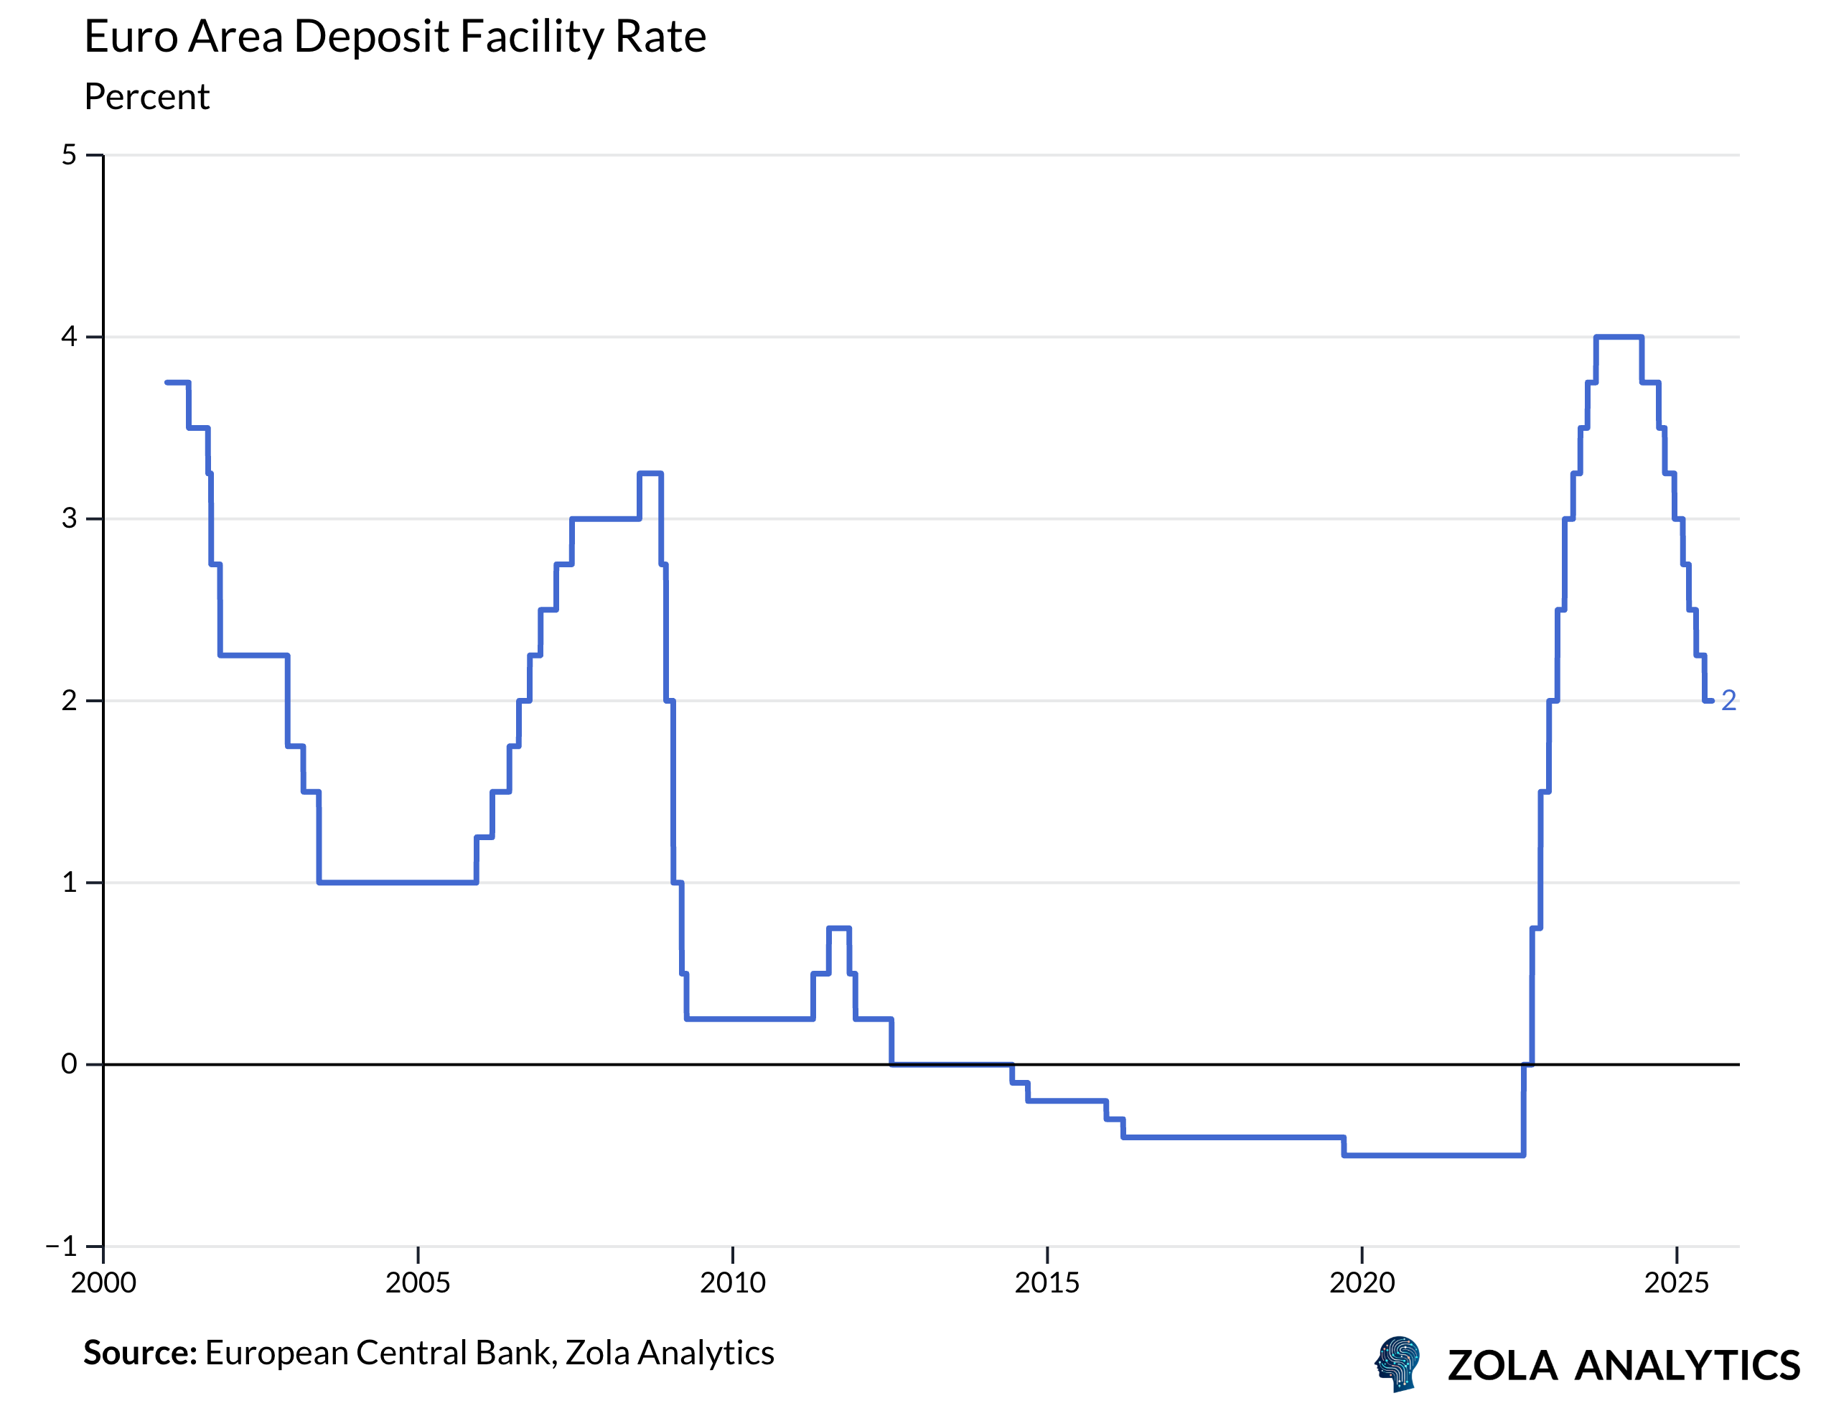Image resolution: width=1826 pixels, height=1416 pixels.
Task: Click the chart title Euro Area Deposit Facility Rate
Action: pyautogui.click(x=395, y=37)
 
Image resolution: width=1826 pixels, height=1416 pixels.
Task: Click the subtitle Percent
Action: pyautogui.click(x=146, y=97)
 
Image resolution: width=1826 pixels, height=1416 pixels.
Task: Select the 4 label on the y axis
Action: pyautogui.click(x=70, y=337)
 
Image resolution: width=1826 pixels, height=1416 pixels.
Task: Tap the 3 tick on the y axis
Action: pyautogui.click(x=70, y=518)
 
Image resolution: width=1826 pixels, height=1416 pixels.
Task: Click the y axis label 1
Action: pyautogui.click(x=70, y=882)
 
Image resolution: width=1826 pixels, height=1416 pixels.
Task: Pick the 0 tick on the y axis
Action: pyautogui.click(x=70, y=1064)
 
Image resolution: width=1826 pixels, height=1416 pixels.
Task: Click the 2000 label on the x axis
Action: pyautogui.click(x=103, y=1283)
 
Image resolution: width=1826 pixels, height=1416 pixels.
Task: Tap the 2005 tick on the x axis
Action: pyautogui.click(x=417, y=1283)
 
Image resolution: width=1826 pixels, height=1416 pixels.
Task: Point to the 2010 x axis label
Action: pyautogui.click(x=732, y=1283)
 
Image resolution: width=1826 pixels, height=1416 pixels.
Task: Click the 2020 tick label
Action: pyautogui.click(x=1362, y=1283)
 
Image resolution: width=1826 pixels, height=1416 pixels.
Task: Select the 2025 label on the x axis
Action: pyautogui.click(x=1676, y=1283)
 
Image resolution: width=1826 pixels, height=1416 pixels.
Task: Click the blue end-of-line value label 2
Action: pyautogui.click(x=1728, y=701)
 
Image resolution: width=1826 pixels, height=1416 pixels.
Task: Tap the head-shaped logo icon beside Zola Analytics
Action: pyautogui.click(x=1398, y=1364)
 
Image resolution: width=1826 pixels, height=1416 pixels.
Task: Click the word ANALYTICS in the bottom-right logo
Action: pyautogui.click(x=1687, y=1366)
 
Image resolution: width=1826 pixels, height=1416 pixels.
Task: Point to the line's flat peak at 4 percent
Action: pyautogui.click(x=1619, y=337)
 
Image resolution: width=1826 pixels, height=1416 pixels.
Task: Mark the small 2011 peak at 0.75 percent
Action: pyautogui.click(x=838, y=928)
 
